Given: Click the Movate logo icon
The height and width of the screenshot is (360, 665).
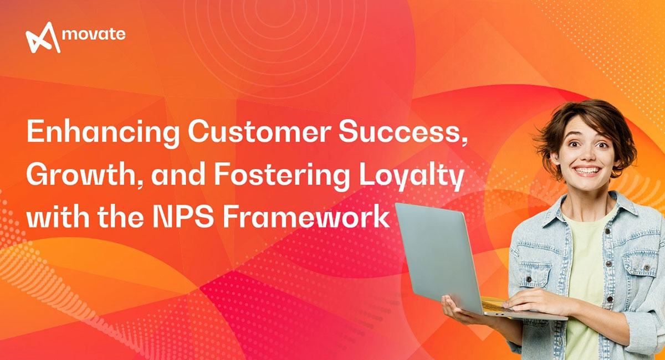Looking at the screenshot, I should (x=43, y=37).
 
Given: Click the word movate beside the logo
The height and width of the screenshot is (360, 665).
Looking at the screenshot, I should (x=94, y=34).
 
